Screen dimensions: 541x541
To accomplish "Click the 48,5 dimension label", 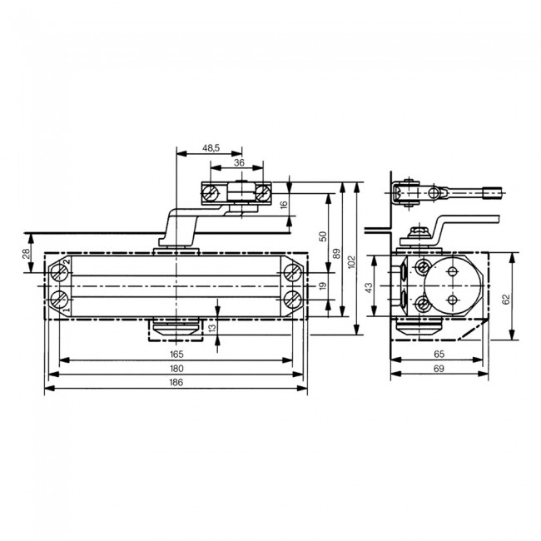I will tap(211, 147).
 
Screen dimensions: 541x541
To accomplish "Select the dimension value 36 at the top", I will tap(239, 163).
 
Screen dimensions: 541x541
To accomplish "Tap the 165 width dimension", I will tap(176, 354).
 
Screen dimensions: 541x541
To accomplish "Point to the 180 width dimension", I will tap(176, 368).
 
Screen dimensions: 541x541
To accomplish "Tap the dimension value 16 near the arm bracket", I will tap(283, 204).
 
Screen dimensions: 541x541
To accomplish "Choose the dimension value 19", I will tap(323, 287).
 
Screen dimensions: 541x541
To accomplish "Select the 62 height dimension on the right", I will tap(505, 298).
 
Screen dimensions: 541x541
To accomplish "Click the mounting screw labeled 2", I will tap(60, 273).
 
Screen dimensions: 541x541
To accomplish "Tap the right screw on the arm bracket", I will tap(263, 194).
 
